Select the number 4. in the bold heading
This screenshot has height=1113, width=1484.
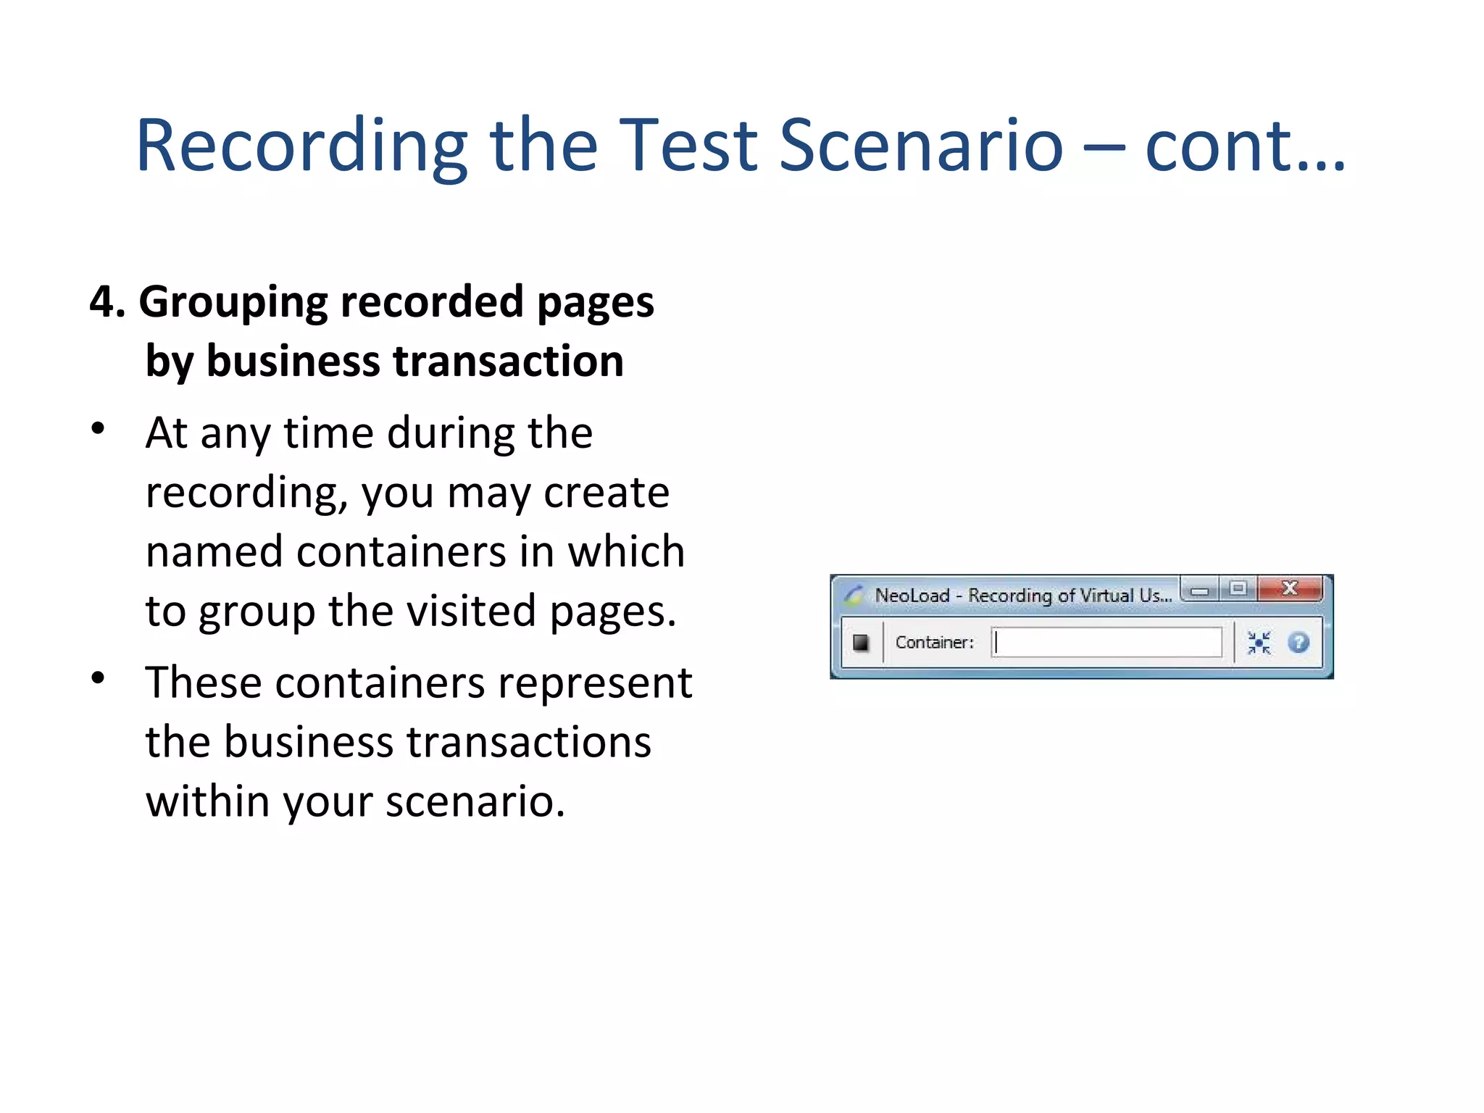pyautogui.click(x=107, y=301)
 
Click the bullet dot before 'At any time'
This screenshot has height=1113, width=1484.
pyautogui.click(x=98, y=428)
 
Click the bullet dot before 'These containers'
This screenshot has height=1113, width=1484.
pyautogui.click(x=98, y=678)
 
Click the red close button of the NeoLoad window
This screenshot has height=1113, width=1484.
pyautogui.click(x=1290, y=588)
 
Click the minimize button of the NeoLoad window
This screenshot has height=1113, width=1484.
pyautogui.click(x=1200, y=591)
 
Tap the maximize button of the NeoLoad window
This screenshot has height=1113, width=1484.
pyautogui.click(x=1238, y=588)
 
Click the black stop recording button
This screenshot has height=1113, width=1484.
pyautogui.click(x=861, y=642)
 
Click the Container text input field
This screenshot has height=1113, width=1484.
pyautogui.click(x=1107, y=642)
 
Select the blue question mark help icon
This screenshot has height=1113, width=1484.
pyautogui.click(x=1298, y=642)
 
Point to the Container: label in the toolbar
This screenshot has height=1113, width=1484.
pyautogui.click(x=934, y=642)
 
